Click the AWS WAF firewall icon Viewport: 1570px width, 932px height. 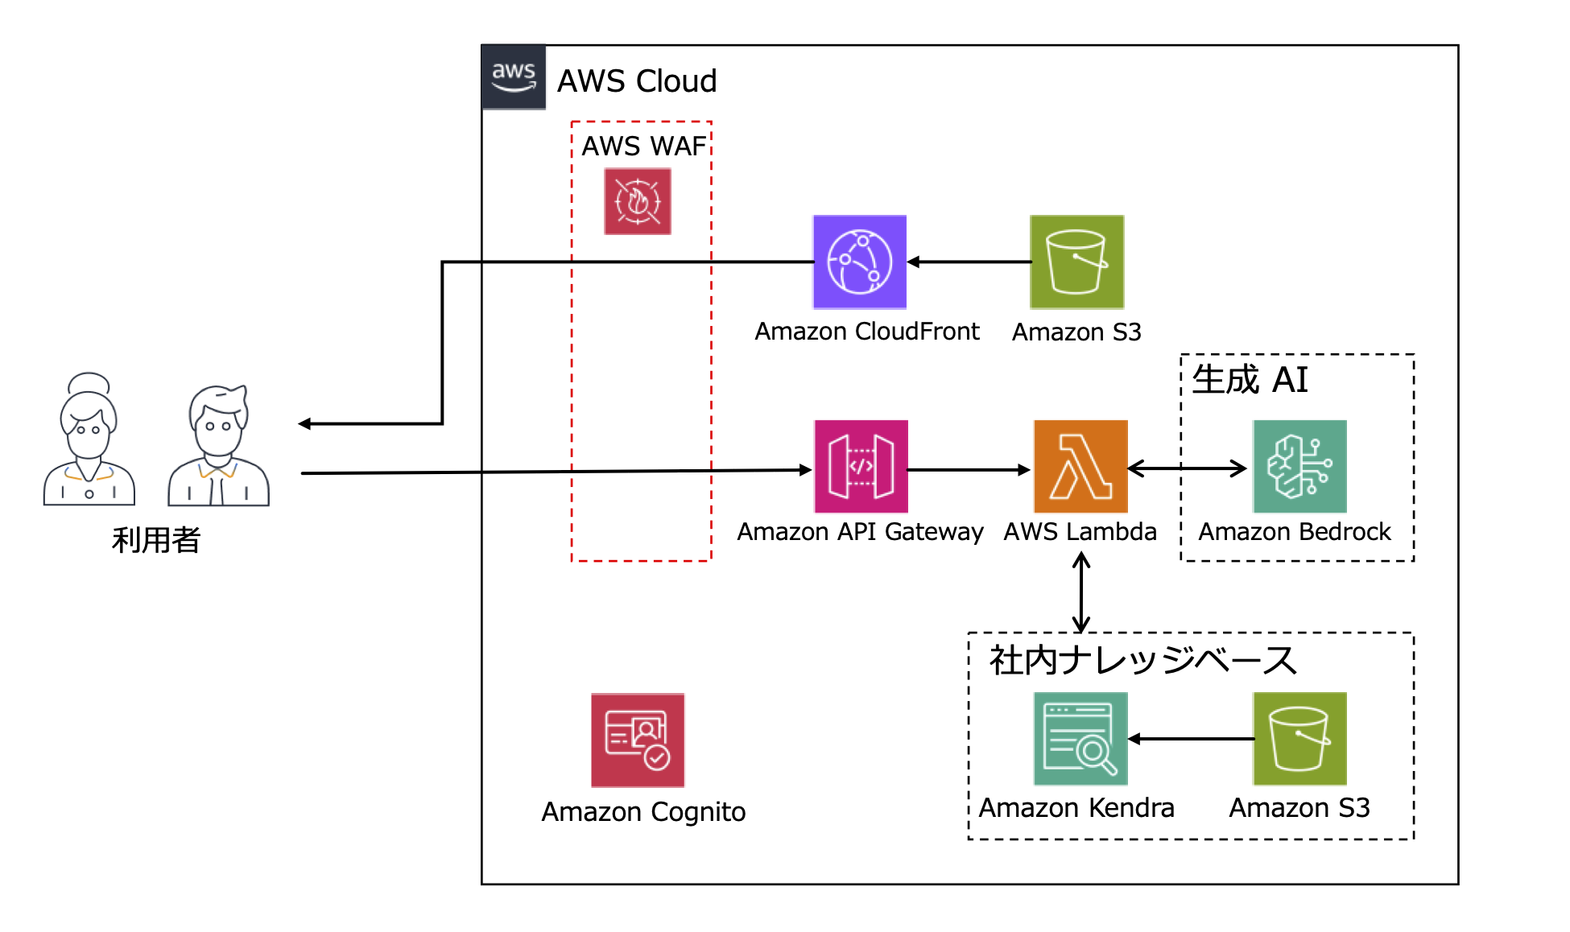(637, 201)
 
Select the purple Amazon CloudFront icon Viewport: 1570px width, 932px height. (859, 262)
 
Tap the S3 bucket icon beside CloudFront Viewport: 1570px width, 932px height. (1076, 262)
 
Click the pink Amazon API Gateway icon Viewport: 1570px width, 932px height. (861, 466)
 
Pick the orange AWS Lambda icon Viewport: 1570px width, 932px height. (1080, 466)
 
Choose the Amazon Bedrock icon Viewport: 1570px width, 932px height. (1299, 466)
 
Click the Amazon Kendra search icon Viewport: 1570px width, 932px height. (1080, 738)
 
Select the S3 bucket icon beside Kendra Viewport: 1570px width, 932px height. (1299, 738)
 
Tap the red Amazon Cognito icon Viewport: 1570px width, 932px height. (638, 740)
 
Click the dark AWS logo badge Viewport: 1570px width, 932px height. (514, 77)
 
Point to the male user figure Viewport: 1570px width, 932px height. (218, 446)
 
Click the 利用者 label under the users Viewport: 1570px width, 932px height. (156, 539)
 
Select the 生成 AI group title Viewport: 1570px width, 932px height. (1250, 379)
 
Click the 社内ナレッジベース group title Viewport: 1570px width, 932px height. (1143, 660)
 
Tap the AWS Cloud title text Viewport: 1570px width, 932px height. (636, 81)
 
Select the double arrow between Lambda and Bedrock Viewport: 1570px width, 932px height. (1188, 468)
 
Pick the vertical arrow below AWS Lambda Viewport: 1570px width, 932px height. (1081, 593)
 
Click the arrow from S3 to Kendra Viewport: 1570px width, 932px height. (1191, 738)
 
